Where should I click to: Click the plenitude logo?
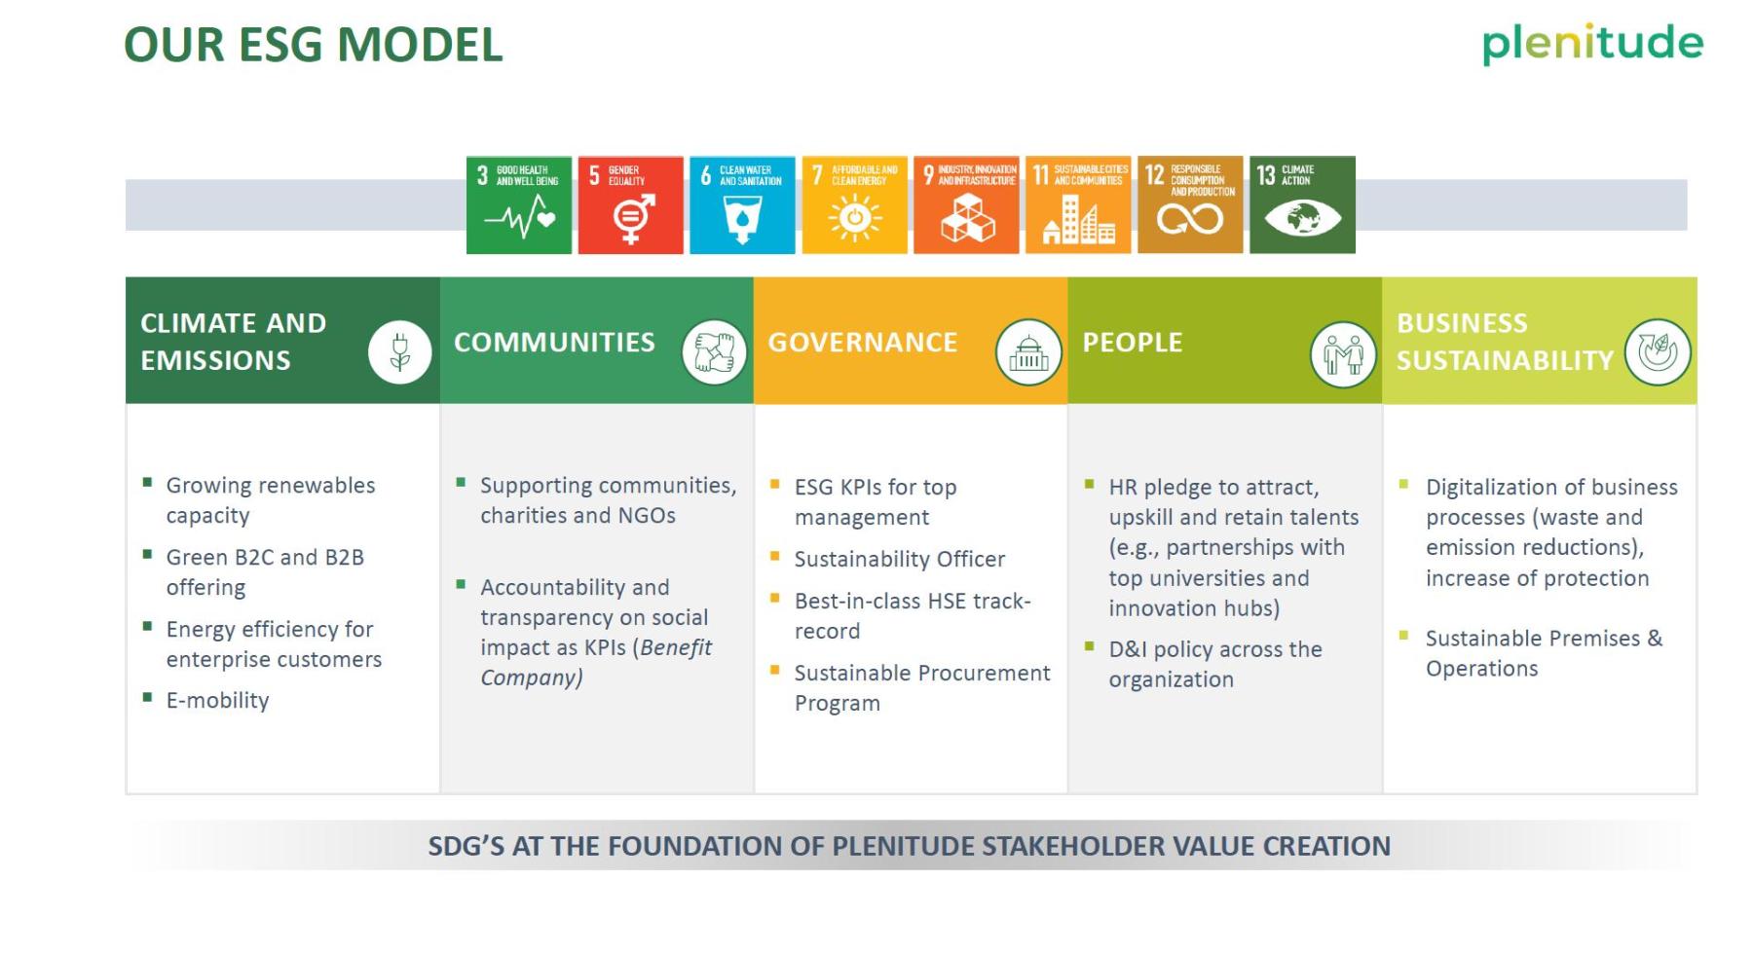(x=1592, y=44)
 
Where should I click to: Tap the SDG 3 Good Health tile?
(x=519, y=205)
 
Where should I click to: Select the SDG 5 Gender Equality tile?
(x=631, y=205)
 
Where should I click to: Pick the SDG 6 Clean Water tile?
(x=743, y=205)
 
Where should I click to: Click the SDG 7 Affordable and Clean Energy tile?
(x=855, y=205)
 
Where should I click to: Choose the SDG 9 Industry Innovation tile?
(x=967, y=205)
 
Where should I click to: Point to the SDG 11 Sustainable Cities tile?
(x=1078, y=205)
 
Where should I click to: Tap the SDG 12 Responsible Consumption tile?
(x=1190, y=205)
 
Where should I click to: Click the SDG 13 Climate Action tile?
(x=1303, y=205)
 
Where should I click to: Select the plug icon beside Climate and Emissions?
(x=399, y=351)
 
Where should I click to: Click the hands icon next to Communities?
(x=714, y=351)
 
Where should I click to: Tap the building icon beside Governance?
(x=1028, y=351)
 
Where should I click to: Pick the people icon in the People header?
(x=1343, y=353)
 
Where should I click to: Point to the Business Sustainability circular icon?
(x=1658, y=351)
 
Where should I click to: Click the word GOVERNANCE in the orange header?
(x=863, y=343)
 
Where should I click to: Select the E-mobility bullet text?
(x=217, y=701)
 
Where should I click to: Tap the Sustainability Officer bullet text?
(x=900, y=560)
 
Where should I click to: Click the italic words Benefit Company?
(x=596, y=663)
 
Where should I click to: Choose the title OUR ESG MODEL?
(x=314, y=45)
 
